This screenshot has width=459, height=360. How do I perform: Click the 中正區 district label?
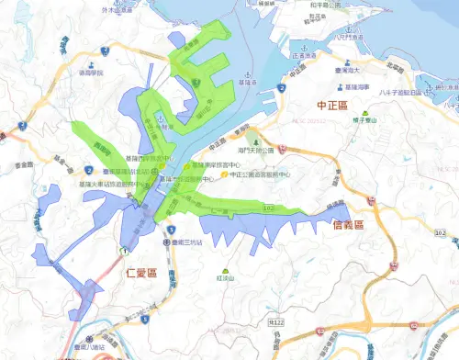pos(331,107)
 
